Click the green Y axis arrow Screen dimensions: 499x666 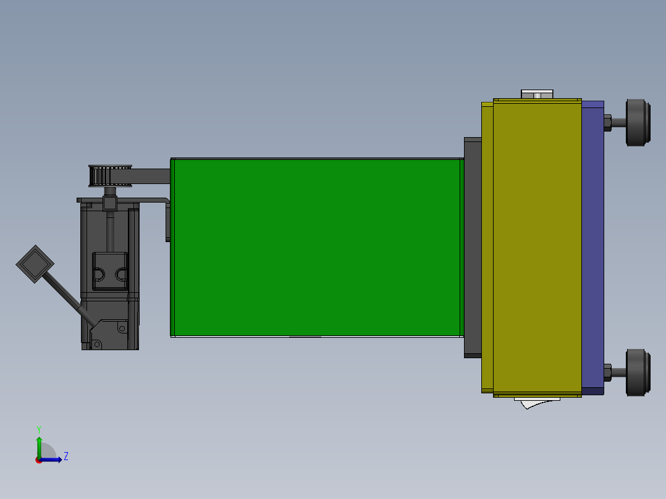pyautogui.click(x=39, y=446)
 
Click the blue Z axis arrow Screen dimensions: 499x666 pyautogui.click(x=53, y=459)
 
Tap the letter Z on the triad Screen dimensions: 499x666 pyautogui.click(x=65, y=457)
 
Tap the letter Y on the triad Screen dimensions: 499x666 pyautogui.click(x=39, y=429)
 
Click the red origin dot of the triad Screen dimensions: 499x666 pyautogui.click(x=39, y=460)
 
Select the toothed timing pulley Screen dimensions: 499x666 pyautogui.click(x=109, y=175)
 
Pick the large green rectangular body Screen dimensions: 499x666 pyautogui.click(x=316, y=247)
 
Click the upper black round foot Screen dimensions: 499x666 pyautogui.click(x=638, y=122)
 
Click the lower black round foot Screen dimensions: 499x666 pyautogui.click(x=638, y=372)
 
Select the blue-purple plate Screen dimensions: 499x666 pyautogui.click(x=593, y=247)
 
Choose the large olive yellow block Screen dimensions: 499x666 pyautogui.click(x=536, y=247)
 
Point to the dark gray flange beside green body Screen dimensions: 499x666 pyautogui.click(x=472, y=247)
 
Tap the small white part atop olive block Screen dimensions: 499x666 pyautogui.click(x=537, y=94)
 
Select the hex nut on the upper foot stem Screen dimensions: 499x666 pyautogui.click(x=607, y=122)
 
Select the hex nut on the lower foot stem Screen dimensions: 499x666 pyautogui.click(x=607, y=372)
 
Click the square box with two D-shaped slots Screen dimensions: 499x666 pyautogui.click(x=110, y=271)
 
